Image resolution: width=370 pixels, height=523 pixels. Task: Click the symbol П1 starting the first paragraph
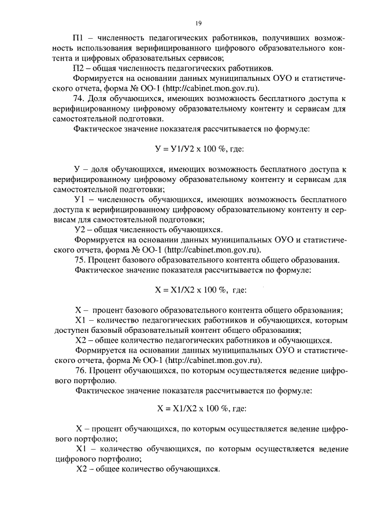pos(79,36)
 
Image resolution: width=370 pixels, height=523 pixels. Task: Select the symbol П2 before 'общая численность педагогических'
pos(79,68)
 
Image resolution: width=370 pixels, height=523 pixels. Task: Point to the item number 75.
pos(80,260)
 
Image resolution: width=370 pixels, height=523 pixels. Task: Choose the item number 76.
pos(80,370)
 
